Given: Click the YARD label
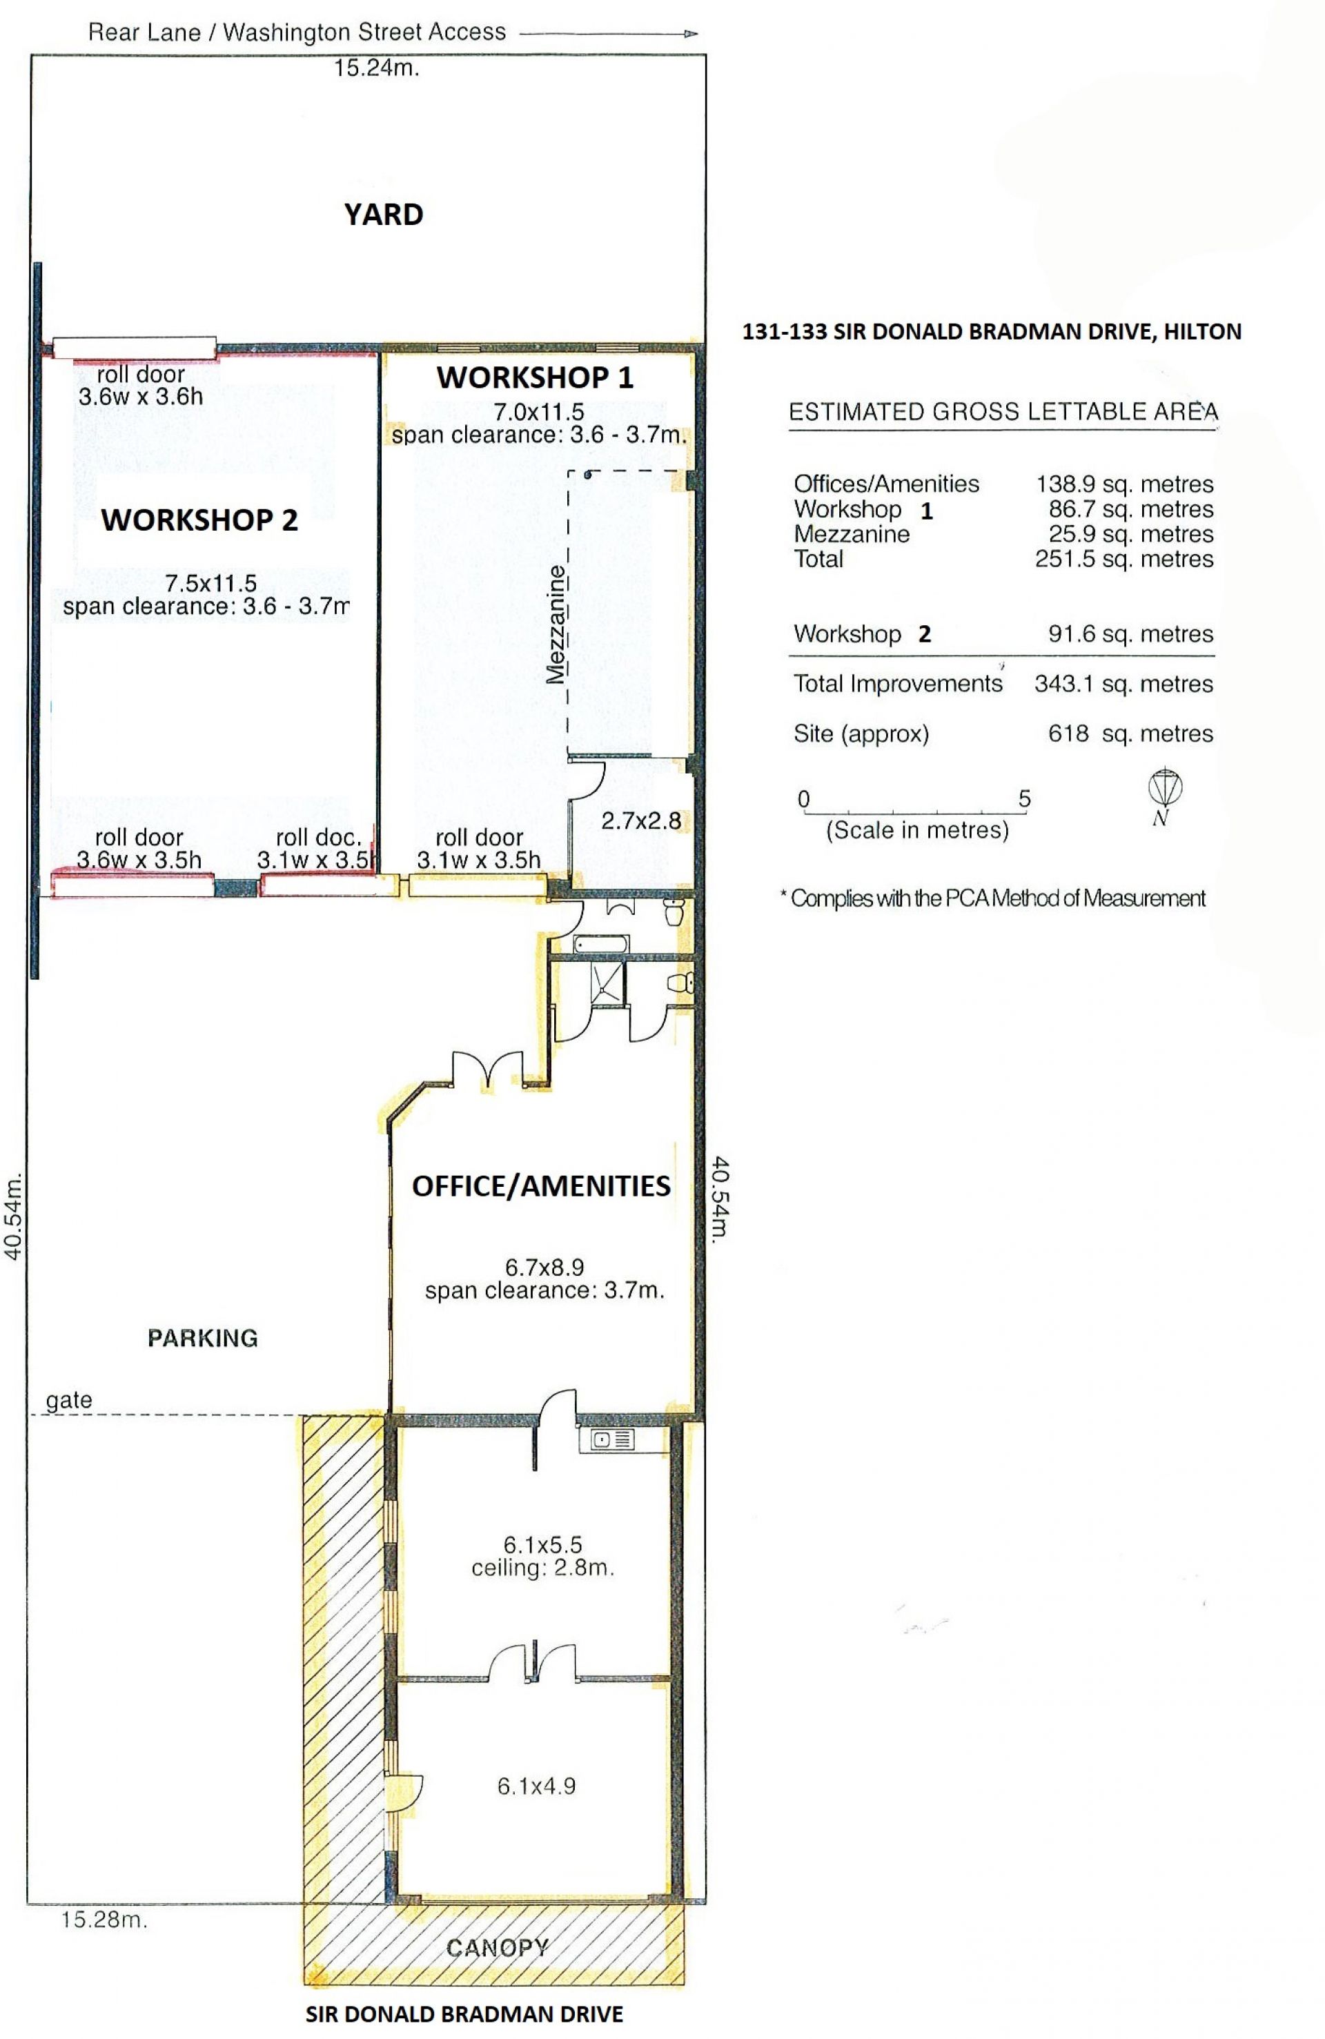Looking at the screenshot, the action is coord(383,214).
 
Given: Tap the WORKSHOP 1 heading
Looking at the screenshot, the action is coord(535,378).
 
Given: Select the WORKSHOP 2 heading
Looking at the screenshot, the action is coord(199,520).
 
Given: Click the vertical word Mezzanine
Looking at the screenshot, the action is coord(556,624).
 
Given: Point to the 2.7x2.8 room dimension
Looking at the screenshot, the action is coord(641,820).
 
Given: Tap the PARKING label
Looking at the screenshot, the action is coord(202,1338).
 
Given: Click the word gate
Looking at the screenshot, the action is coord(68,1401).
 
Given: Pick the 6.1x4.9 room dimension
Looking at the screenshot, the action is coord(536,1786).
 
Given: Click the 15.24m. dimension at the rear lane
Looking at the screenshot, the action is coord(376,68).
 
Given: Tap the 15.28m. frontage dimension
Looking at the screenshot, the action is coord(104,1920).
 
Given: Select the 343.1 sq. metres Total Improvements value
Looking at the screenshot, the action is coord(1123,684).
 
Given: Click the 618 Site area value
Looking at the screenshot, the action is coord(1069,733).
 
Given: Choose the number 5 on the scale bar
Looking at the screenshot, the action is coord(1024,799).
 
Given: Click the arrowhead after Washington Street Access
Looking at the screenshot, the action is coord(691,35).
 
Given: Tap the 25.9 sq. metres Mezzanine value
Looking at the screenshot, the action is coord(1131,535).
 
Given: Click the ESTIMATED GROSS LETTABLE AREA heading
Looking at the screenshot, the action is coord(1003,412).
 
